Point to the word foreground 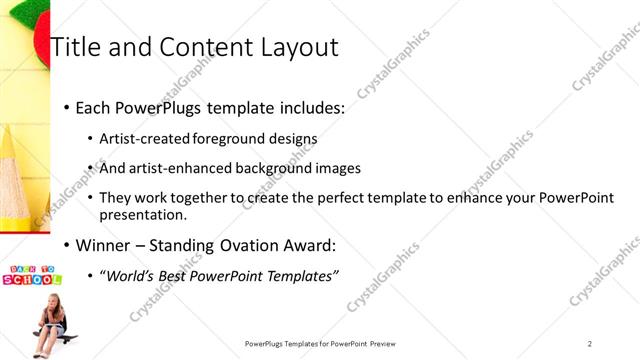[220, 138]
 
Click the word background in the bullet [269, 168]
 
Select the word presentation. [142, 214]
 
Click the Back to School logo [33, 276]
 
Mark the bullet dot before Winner [67, 245]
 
